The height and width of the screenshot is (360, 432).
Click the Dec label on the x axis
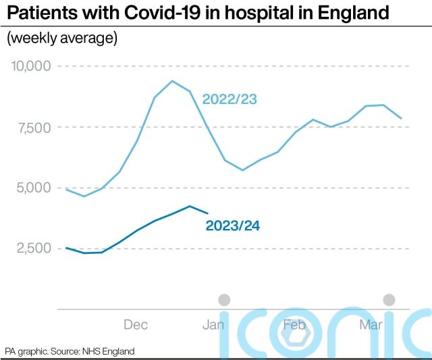click(x=136, y=325)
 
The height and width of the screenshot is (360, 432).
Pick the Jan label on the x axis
click(x=213, y=325)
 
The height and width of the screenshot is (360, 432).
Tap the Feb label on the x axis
click(x=294, y=325)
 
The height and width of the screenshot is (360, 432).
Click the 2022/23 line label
click(x=230, y=100)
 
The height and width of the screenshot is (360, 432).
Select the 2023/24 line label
click(x=232, y=226)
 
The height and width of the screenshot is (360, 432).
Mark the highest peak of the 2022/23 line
click(x=172, y=81)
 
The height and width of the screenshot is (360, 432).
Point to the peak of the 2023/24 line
click(x=190, y=206)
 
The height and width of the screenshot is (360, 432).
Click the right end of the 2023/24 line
click(x=207, y=213)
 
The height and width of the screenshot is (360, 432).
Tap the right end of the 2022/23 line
click(x=402, y=118)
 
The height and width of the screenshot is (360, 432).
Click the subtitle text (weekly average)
click(x=62, y=38)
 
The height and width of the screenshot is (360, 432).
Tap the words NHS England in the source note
click(x=108, y=351)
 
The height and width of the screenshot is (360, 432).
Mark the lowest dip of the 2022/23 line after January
click(x=242, y=170)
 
